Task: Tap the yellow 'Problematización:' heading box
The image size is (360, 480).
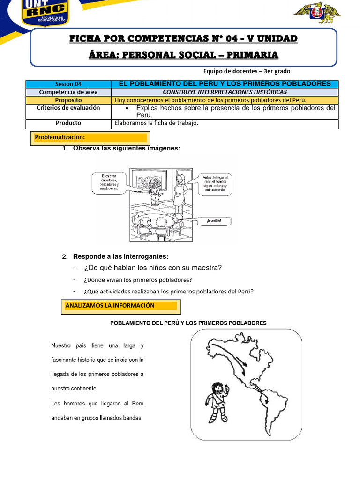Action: [90, 137]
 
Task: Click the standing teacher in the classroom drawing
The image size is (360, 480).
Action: [180, 190]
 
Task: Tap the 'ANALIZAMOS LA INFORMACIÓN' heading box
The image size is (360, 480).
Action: [120, 306]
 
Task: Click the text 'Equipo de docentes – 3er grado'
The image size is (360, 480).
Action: [247, 71]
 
